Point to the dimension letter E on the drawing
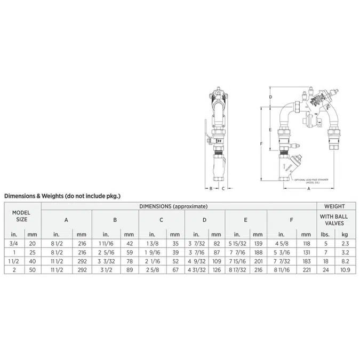[271, 130]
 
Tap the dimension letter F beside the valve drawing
[261, 143]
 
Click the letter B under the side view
[211, 188]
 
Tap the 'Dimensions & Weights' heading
[62, 196]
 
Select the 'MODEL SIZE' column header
[21, 215]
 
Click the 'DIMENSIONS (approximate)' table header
[173, 206]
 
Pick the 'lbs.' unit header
[324, 234]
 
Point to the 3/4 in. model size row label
[13, 243]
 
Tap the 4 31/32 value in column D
[197, 270]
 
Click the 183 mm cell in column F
[305, 261]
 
